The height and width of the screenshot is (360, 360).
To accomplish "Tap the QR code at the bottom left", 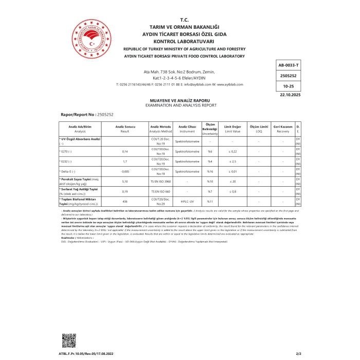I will (68, 340).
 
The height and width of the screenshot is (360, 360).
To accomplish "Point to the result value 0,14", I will (124, 152).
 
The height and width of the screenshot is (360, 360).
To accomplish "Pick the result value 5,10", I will (124, 182).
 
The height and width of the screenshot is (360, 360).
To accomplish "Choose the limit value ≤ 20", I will (232, 182).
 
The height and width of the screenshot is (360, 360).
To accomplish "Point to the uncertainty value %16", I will (210, 171).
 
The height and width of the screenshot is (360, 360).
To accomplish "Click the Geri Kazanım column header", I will (282, 129).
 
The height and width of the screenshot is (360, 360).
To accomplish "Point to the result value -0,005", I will (124, 171).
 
